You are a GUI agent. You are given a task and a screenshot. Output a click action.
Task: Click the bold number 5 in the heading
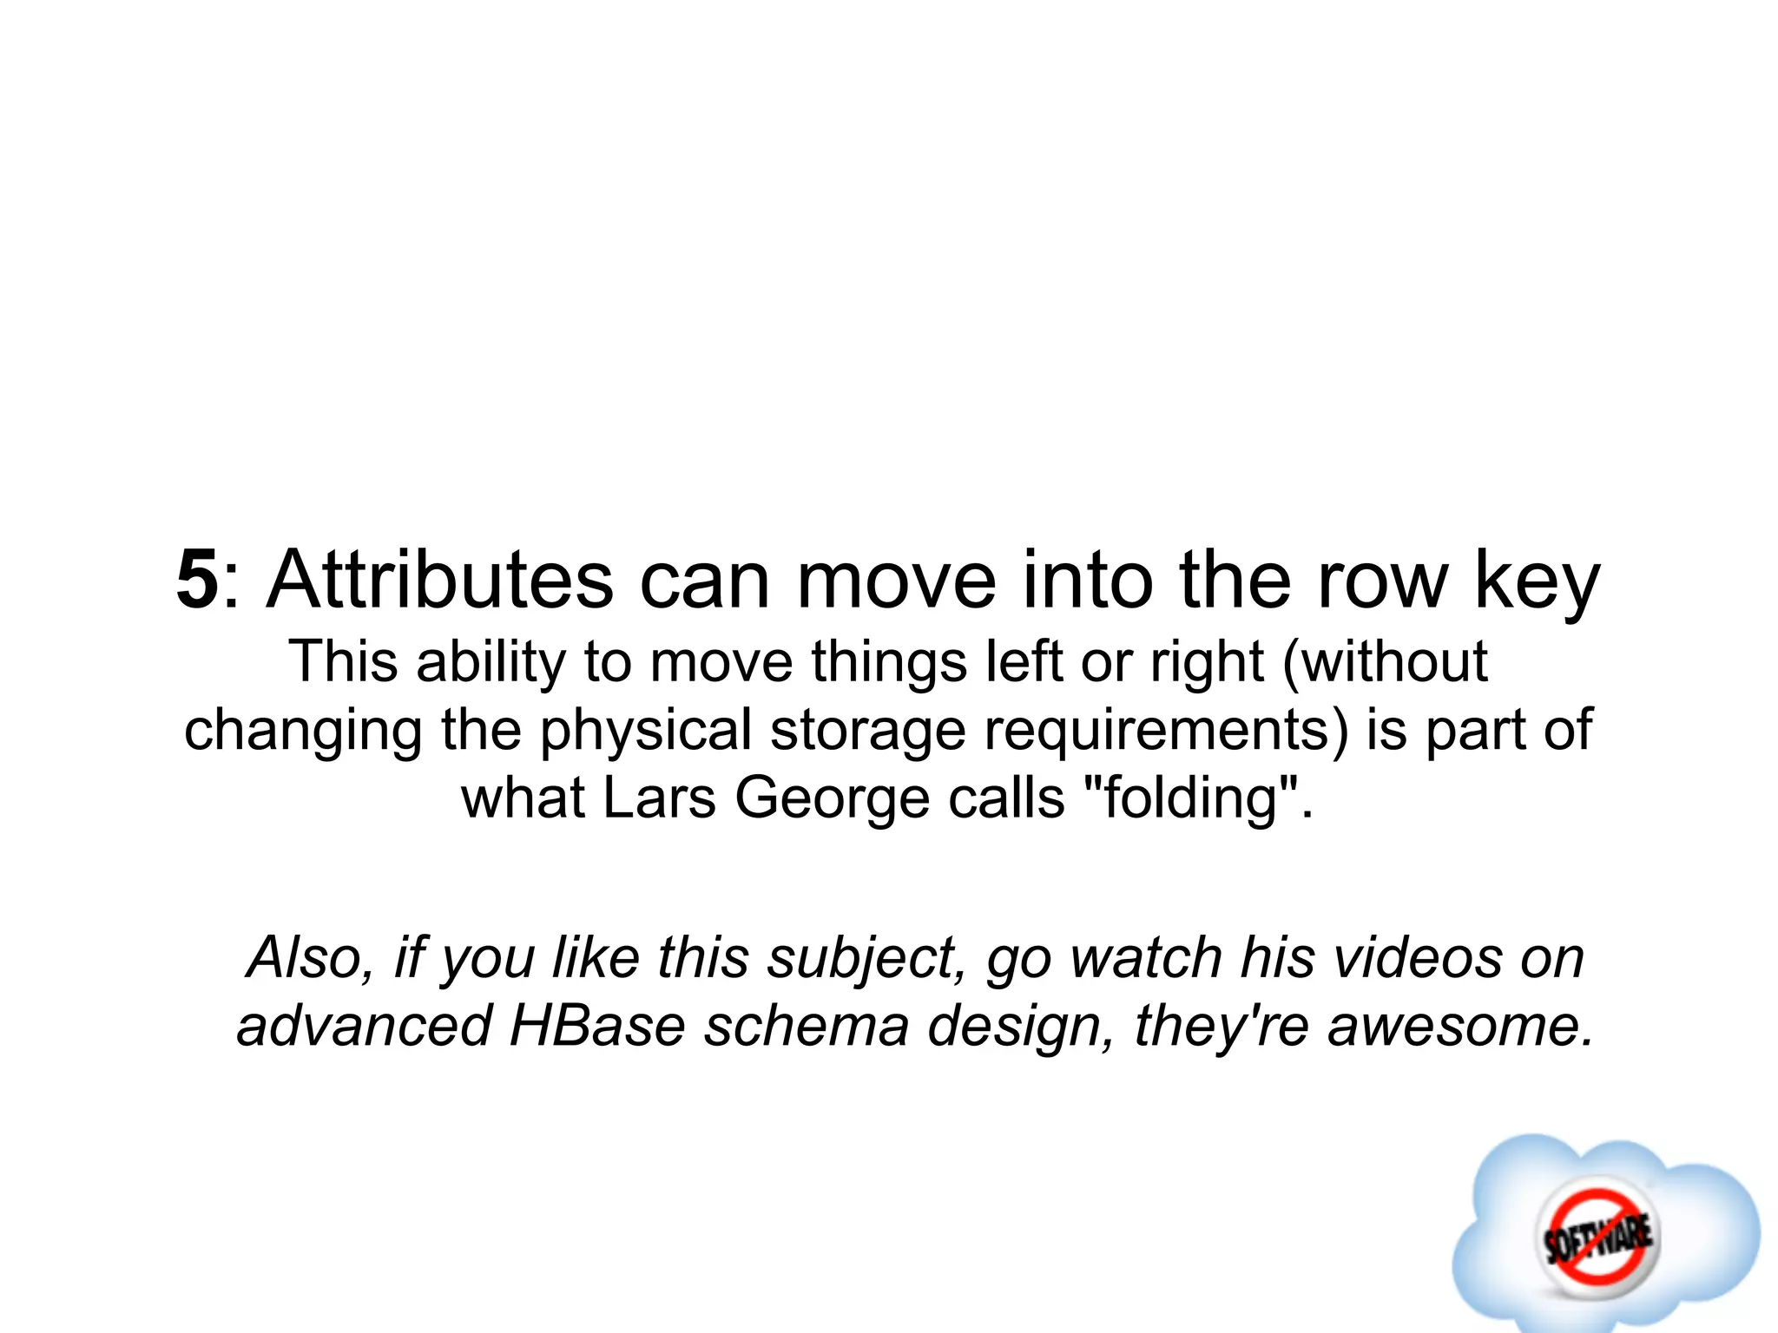click(197, 580)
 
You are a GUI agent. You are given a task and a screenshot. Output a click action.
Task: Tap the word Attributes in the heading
click(440, 580)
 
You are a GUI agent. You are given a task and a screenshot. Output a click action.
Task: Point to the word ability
click(491, 663)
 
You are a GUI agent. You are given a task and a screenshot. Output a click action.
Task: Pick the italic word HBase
click(597, 1026)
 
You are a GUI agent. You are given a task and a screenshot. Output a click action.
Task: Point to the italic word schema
click(806, 1026)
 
